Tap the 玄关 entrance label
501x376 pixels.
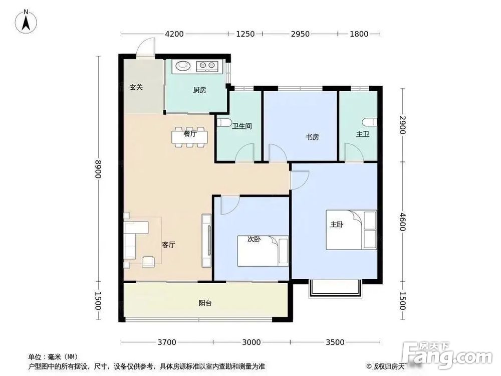pyautogui.click(x=136, y=87)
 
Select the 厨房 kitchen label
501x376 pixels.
pyautogui.click(x=199, y=91)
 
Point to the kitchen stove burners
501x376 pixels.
pyautogui.click(x=207, y=65)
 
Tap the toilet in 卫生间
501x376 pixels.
pyautogui.click(x=224, y=123)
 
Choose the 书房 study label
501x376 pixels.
pyautogui.click(x=312, y=137)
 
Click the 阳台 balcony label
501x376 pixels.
pyautogui.click(x=204, y=303)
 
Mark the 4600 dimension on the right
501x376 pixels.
pyautogui.click(x=403, y=221)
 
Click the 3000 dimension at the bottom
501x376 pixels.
pyautogui.click(x=252, y=342)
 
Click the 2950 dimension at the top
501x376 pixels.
pyautogui.click(x=300, y=34)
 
